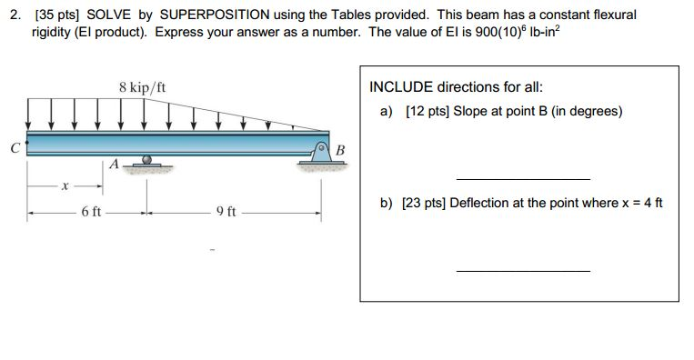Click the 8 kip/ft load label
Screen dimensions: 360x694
tap(143, 88)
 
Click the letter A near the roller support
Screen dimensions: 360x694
tap(113, 165)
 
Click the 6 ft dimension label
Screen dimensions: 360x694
tap(90, 212)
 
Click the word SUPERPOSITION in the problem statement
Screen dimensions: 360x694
tap(219, 15)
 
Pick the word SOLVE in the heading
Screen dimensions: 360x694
tap(109, 15)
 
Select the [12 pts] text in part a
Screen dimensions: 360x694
tap(419, 111)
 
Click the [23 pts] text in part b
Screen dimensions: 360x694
tap(418, 202)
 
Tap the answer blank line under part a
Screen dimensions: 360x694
tap(522, 178)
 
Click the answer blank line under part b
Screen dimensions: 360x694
tap(522, 270)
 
